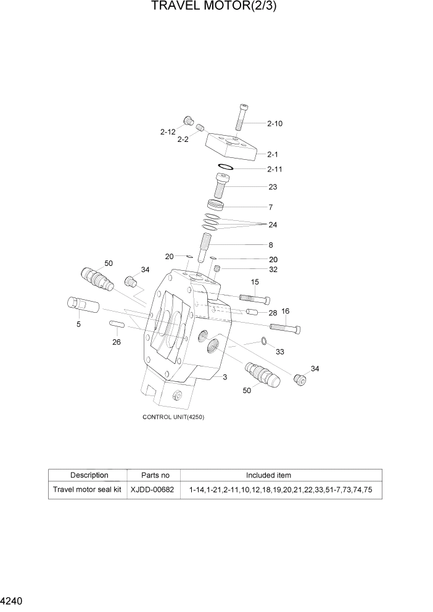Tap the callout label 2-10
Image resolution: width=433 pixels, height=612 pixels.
pos(274,123)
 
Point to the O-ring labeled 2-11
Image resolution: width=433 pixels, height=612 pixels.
pos(225,167)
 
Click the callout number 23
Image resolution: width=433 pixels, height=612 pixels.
pos(273,187)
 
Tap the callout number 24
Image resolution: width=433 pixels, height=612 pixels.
pos(273,225)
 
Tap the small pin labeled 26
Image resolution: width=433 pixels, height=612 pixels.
pos(117,324)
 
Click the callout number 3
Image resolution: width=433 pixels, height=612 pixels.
pos(225,376)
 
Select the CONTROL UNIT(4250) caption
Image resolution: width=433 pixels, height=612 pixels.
pos(173,417)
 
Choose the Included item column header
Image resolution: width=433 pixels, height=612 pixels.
pos(268,475)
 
